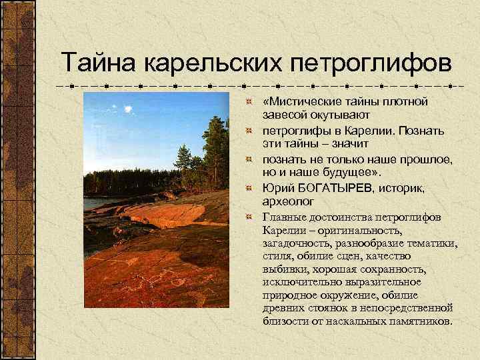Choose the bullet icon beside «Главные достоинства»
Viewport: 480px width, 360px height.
(x=248, y=217)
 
